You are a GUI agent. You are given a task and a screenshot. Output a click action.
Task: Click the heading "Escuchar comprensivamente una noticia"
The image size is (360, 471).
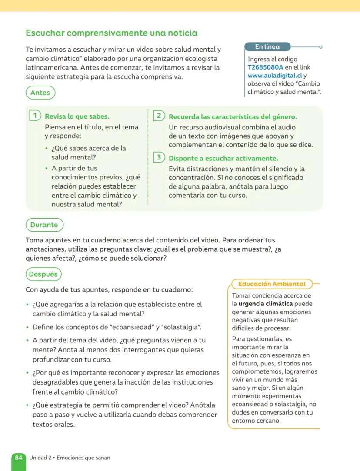[111, 33]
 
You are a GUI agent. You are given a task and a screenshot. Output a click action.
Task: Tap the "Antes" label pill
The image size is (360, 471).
[40, 93]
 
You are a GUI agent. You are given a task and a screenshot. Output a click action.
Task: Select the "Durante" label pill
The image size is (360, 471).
[44, 225]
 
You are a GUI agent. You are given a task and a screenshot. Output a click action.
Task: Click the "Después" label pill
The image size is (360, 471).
[43, 275]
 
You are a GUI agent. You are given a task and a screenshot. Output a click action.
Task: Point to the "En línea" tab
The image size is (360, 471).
[267, 47]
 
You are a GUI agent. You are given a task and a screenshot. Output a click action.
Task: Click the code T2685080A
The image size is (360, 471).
[265, 67]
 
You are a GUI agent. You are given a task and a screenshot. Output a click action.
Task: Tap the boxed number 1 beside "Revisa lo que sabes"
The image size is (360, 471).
[35, 116]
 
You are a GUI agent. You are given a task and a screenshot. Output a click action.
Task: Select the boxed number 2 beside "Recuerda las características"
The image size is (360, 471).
[159, 116]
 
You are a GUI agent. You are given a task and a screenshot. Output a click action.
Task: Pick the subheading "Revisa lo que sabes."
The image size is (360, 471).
[77, 116]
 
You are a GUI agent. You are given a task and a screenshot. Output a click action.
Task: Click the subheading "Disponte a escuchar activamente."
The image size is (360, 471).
[223, 159]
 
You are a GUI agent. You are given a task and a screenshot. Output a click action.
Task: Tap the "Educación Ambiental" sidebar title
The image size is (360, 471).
[272, 284]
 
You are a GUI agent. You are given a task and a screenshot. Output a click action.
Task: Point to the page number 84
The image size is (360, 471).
[19, 458]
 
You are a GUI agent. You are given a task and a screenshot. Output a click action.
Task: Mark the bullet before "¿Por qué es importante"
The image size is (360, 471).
[28, 373]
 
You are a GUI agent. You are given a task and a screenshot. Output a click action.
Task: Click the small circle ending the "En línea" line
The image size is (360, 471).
[320, 47]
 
